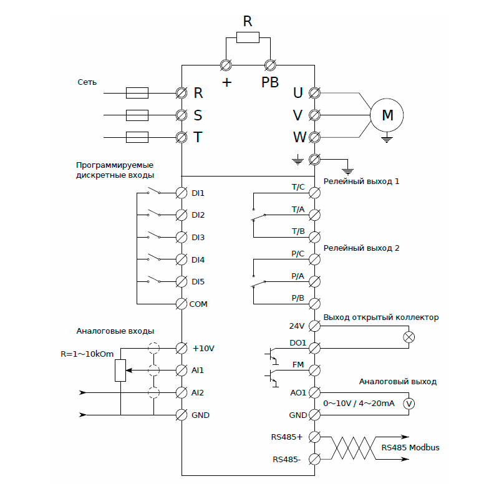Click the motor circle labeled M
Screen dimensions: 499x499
point(387,115)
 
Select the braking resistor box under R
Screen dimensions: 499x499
point(248,38)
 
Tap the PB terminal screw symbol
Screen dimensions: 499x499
point(271,64)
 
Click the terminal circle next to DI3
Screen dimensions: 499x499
point(182,237)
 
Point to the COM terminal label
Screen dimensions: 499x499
point(199,304)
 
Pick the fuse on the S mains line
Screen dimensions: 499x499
point(137,115)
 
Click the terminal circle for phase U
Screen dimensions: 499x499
point(315,93)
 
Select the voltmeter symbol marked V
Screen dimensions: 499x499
point(409,404)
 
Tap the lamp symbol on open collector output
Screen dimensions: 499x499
point(410,337)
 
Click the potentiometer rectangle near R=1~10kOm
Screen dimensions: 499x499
point(120,371)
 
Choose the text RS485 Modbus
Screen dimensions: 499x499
point(410,447)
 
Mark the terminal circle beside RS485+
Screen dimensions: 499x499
point(315,437)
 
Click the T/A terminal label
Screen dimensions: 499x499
point(298,209)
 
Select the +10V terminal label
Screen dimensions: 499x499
point(203,348)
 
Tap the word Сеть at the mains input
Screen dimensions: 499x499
point(87,82)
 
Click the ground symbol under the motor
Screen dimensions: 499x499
point(387,139)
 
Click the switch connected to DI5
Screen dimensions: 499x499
point(154,279)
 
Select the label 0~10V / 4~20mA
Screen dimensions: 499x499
point(358,404)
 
